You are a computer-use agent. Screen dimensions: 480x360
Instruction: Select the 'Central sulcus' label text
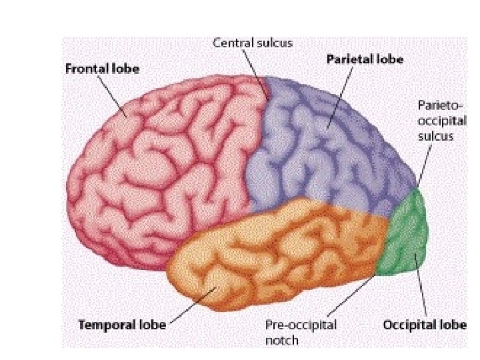tap(252, 41)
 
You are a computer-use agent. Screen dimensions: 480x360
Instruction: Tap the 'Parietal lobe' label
tap(365, 59)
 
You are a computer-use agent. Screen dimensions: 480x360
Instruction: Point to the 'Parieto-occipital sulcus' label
tap(435, 121)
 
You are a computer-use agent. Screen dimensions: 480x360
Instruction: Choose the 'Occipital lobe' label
tap(424, 325)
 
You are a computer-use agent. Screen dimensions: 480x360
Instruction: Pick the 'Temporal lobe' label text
tap(122, 325)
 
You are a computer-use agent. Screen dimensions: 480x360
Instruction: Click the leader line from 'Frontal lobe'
tap(111, 95)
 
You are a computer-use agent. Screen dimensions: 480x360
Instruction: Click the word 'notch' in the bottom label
tap(281, 341)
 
